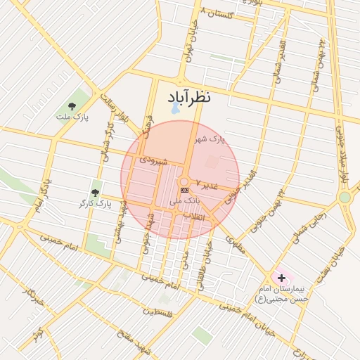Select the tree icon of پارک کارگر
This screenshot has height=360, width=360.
pos(95,191)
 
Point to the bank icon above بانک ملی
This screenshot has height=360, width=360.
pos(184,190)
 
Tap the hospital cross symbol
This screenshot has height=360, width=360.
pos(282,278)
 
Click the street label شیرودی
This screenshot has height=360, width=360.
pos(153,160)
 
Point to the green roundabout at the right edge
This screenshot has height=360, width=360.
pos(345,198)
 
